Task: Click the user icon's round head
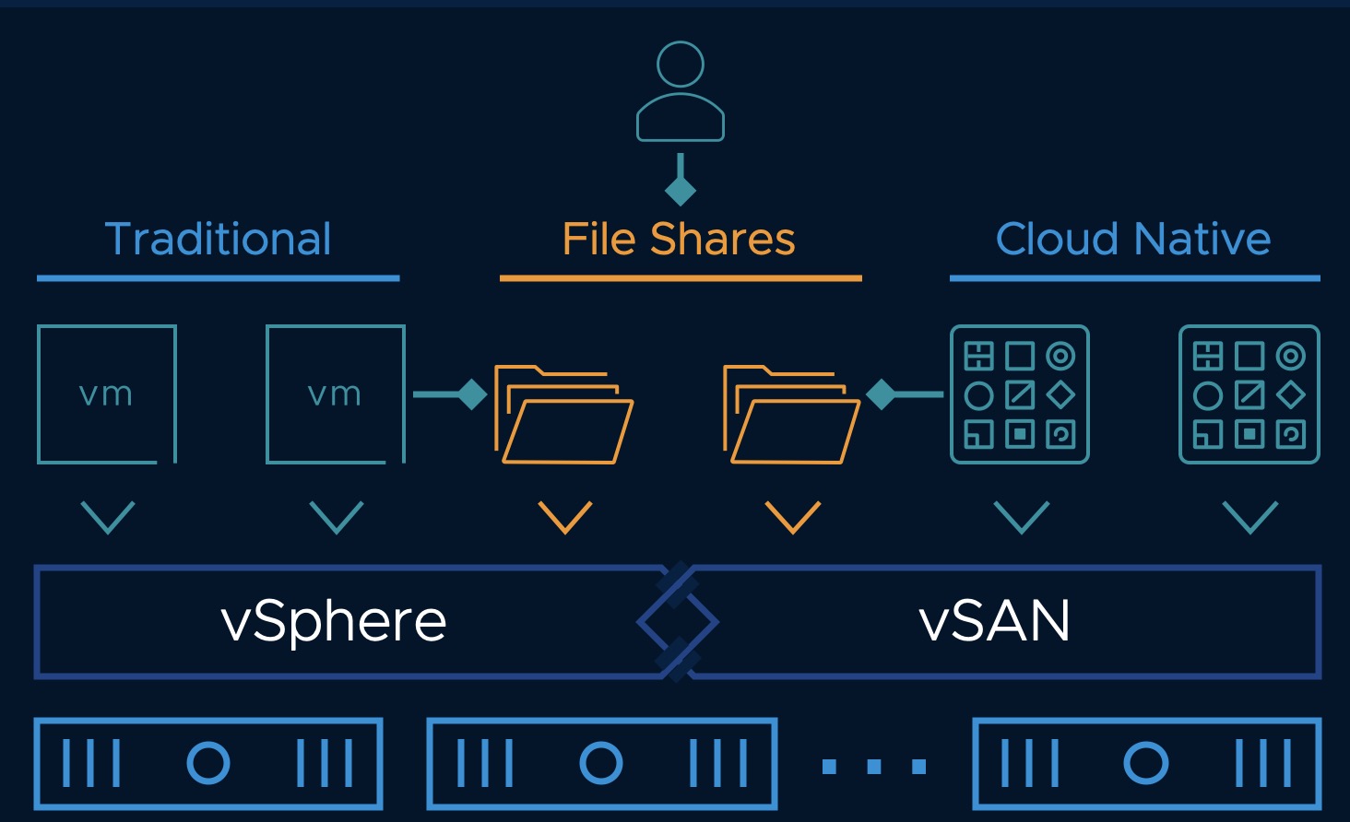[x=681, y=65]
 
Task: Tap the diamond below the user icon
[x=681, y=191]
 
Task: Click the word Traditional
[x=219, y=240]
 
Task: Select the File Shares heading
[x=679, y=240]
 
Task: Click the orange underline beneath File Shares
[x=681, y=277]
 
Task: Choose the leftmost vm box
[x=107, y=394]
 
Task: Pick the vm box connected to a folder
[x=336, y=394]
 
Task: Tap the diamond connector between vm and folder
[x=472, y=394]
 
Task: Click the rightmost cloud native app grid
[x=1249, y=394]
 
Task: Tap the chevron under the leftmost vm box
[x=108, y=517]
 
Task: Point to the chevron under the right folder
[x=793, y=517]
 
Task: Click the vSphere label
[x=334, y=621]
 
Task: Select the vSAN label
[x=995, y=621]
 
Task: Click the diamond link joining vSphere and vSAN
[x=678, y=622]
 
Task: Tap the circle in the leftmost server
[x=208, y=763]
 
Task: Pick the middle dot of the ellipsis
[x=874, y=766]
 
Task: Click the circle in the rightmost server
[x=1146, y=763]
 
